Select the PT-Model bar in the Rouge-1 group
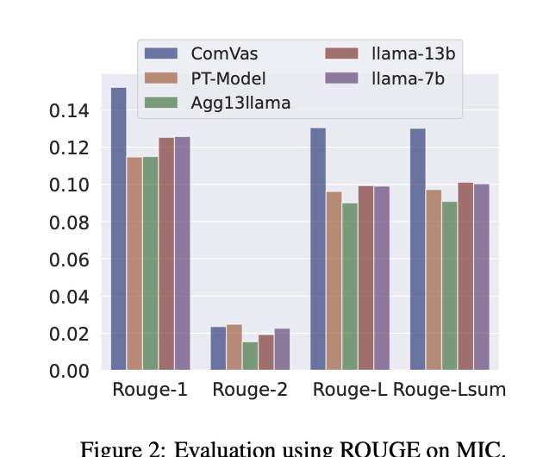(134, 264)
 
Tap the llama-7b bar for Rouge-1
(183, 254)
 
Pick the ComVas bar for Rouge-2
(218, 348)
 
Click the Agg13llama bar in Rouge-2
(250, 356)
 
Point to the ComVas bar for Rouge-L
(318, 249)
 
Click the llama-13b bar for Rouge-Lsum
(465, 276)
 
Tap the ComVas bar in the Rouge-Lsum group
(418, 249)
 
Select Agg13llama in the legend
(240, 103)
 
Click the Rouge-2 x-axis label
(250, 390)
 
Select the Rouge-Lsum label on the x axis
(449, 390)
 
